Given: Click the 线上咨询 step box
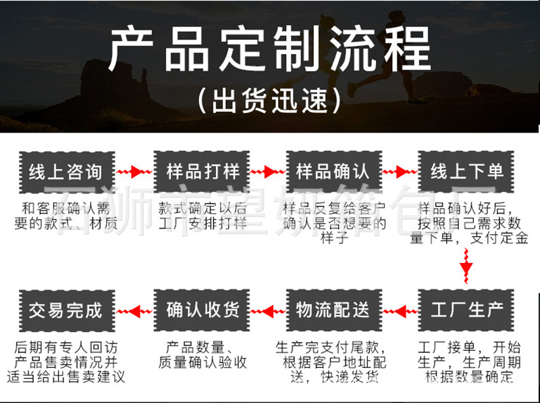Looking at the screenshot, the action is pos(67,172).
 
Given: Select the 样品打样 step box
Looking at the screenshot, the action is pos(202,172).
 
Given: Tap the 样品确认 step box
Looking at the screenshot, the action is pos(333,172).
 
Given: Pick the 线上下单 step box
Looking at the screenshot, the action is pos(466,172).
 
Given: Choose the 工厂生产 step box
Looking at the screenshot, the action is pos(466,310).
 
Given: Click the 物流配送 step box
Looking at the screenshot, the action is pos(333,310).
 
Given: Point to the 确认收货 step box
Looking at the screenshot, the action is pos(202,310).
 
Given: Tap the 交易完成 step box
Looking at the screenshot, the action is pos(67,310).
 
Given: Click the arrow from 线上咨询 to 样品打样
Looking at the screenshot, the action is pos(134,172).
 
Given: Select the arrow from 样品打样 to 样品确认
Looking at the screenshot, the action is pos(267,172).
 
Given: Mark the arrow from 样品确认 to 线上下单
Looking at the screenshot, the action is pos(400,172).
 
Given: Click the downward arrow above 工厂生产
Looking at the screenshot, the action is pos(466,266).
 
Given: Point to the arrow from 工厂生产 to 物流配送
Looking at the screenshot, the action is pos(400,312).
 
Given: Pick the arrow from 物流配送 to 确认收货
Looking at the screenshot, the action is pos(267,312).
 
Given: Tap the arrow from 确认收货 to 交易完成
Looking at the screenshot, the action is pos(134,312).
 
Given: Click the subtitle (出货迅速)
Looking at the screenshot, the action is pos(270,100).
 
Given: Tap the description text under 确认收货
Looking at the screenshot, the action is pos(202,355).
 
